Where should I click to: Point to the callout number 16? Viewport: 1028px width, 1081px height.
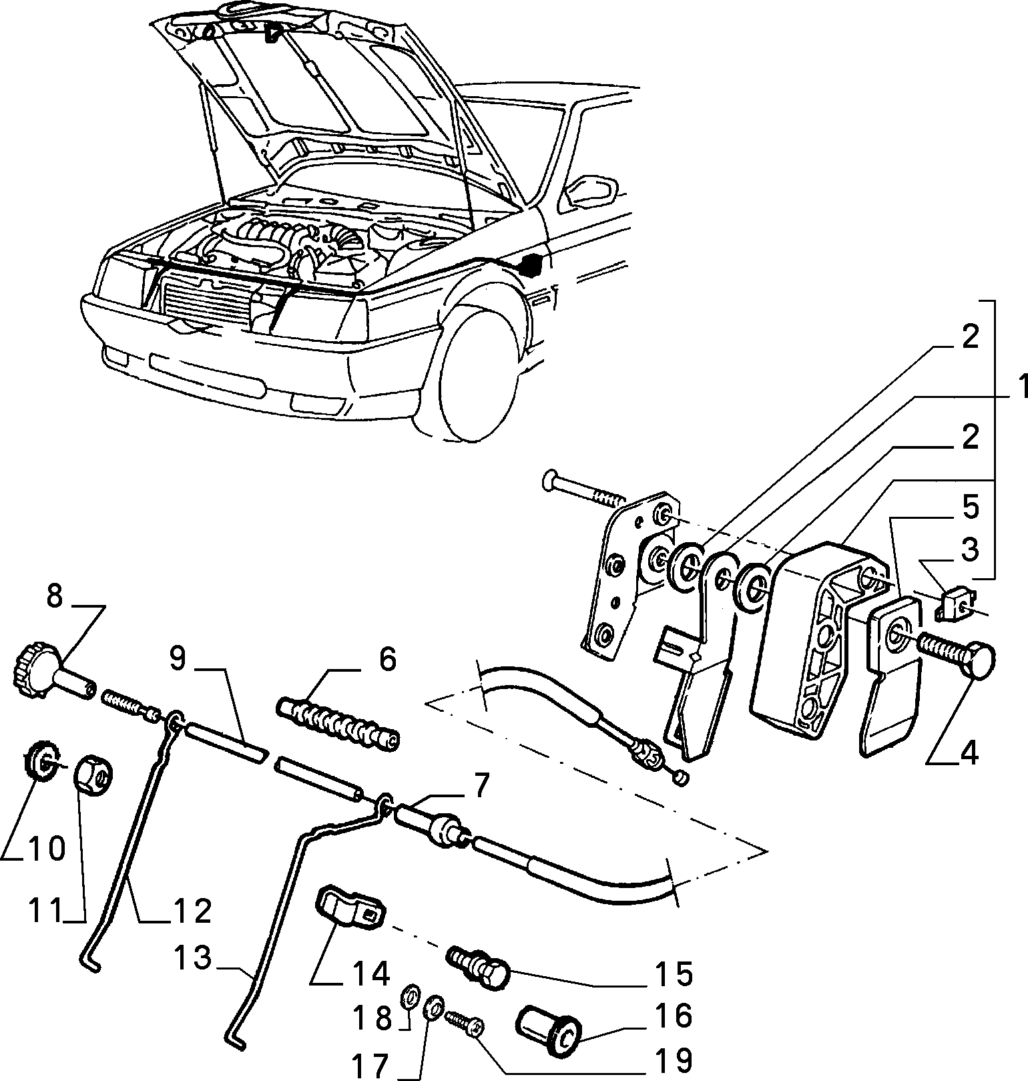tap(674, 1017)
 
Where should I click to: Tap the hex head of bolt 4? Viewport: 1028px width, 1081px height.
tap(977, 657)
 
